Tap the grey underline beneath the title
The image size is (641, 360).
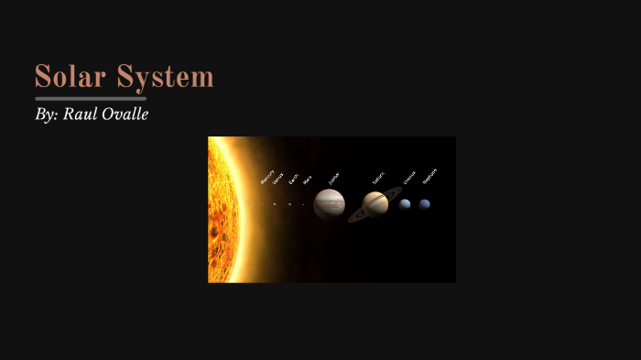click(91, 98)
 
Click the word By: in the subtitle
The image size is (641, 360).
click(46, 115)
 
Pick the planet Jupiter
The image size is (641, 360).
click(329, 204)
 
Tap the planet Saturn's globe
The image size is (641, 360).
click(375, 203)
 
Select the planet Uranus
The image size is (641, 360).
click(405, 204)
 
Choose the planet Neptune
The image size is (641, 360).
click(425, 204)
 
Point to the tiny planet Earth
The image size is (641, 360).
click(289, 204)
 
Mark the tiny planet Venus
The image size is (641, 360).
click(274, 204)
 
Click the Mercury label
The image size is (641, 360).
click(267, 178)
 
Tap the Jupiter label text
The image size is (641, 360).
click(333, 177)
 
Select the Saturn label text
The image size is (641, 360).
click(378, 178)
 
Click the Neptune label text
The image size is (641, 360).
click(429, 175)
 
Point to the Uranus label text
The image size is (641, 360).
click(409, 177)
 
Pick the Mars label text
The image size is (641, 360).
click(307, 180)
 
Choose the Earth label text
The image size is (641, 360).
click(293, 180)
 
